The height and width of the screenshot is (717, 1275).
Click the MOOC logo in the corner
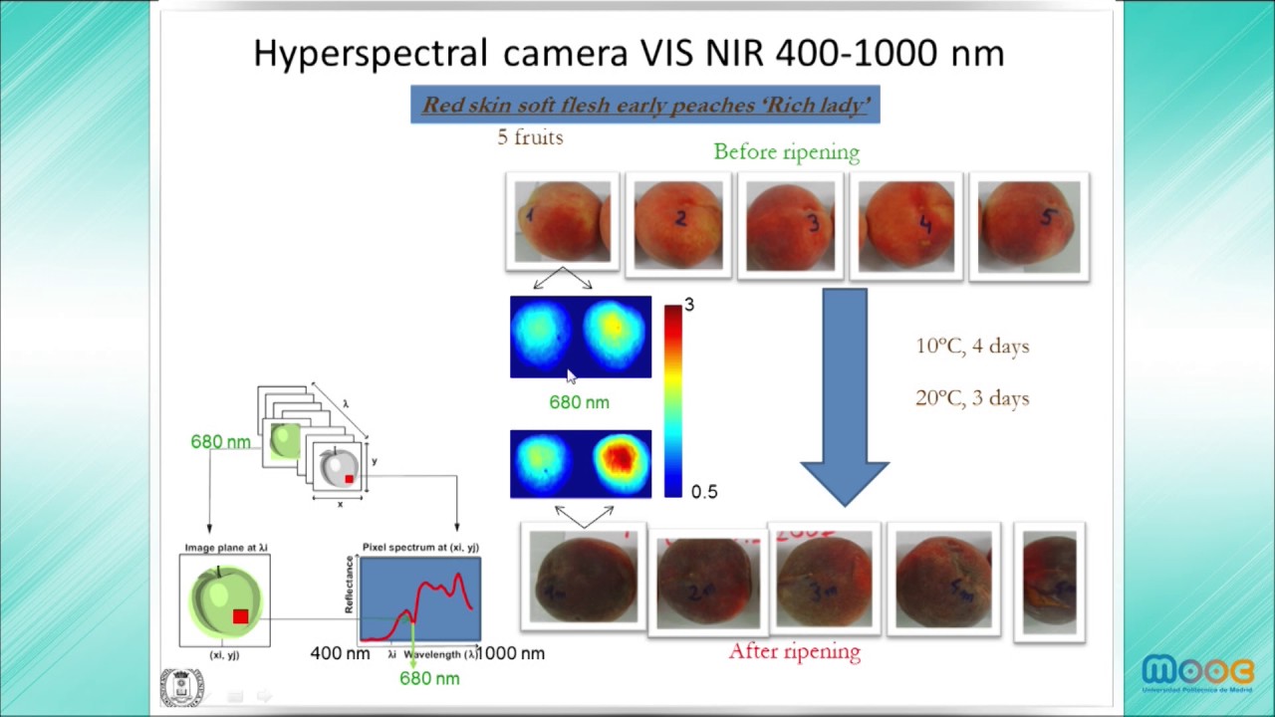tap(1197, 674)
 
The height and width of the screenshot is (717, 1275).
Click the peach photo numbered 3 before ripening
tap(790, 225)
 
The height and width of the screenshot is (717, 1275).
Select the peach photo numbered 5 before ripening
tap(1028, 226)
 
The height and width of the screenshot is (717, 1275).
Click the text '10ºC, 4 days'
tap(972, 347)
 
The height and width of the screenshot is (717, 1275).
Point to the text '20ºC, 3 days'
tap(972, 398)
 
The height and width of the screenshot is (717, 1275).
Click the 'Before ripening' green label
tap(786, 152)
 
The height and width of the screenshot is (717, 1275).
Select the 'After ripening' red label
tap(794, 651)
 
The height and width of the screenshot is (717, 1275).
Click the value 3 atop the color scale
tap(689, 305)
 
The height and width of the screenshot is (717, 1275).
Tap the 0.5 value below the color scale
tap(703, 492)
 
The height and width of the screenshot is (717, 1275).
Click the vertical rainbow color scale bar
tap(673, 399)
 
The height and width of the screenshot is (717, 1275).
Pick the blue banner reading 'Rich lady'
tap(644, 105)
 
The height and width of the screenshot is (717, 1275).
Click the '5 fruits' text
tap(530, 137)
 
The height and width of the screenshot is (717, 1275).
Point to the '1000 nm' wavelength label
tap(511, 653)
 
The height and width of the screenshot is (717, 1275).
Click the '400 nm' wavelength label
tap(340, 653)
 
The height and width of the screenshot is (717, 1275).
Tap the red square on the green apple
tap(240, 616)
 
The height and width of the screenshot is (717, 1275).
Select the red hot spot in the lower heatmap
tap(621, 458)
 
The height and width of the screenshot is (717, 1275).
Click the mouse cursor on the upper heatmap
tap(571, 375)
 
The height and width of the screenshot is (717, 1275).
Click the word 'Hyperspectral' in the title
tap(371, 53)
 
